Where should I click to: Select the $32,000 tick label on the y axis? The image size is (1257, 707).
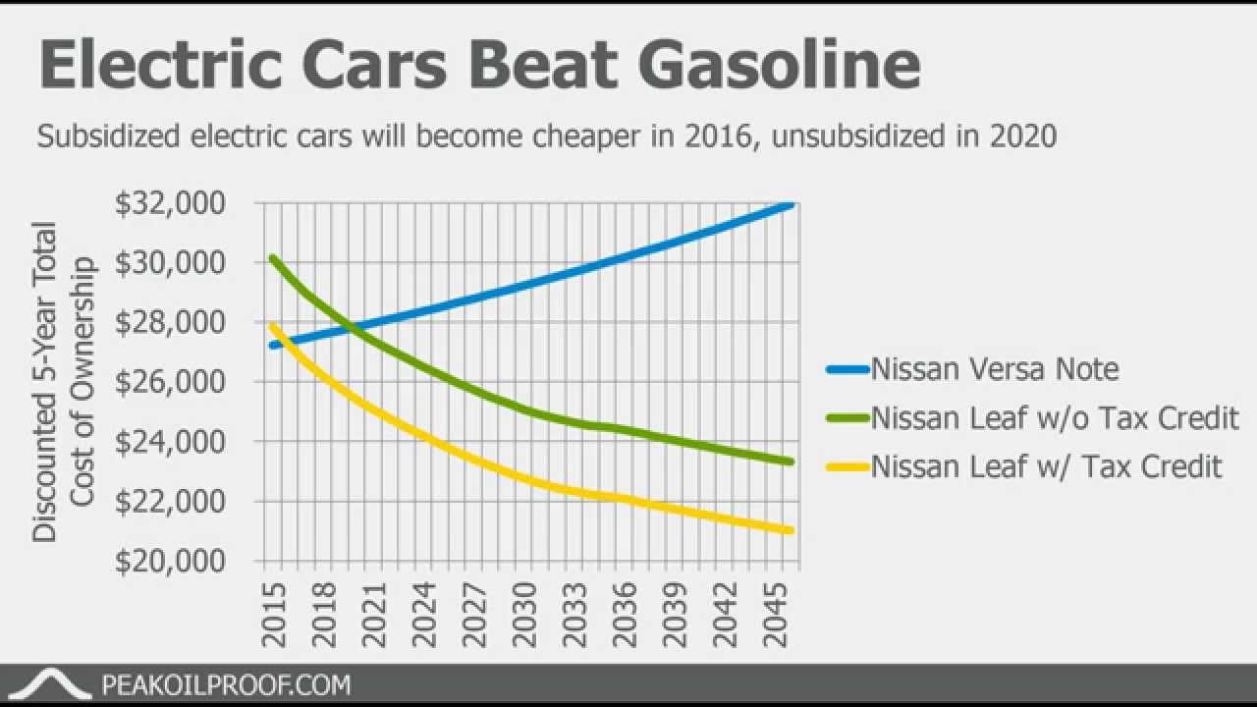point(185,204)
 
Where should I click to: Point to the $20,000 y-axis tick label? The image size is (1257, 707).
point(185,562)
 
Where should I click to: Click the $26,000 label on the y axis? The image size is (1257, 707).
point(185,383)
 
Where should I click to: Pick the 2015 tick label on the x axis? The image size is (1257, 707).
point(274,617)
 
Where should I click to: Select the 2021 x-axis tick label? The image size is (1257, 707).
point(373,617)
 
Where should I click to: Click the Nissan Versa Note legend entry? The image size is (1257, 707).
point(995,369)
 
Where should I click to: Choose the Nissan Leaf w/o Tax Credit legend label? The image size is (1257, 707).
point(1055,418)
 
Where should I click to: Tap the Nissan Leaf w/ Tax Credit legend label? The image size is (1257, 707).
point(1047,465)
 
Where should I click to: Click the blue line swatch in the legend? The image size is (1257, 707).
point(847,370)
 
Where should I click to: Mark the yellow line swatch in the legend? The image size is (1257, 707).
point(847,466)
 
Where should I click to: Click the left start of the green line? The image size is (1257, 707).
point(272,258)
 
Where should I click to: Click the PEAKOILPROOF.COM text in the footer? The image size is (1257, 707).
point(226,684)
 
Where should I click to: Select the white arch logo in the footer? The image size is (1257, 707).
point(55,683)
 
